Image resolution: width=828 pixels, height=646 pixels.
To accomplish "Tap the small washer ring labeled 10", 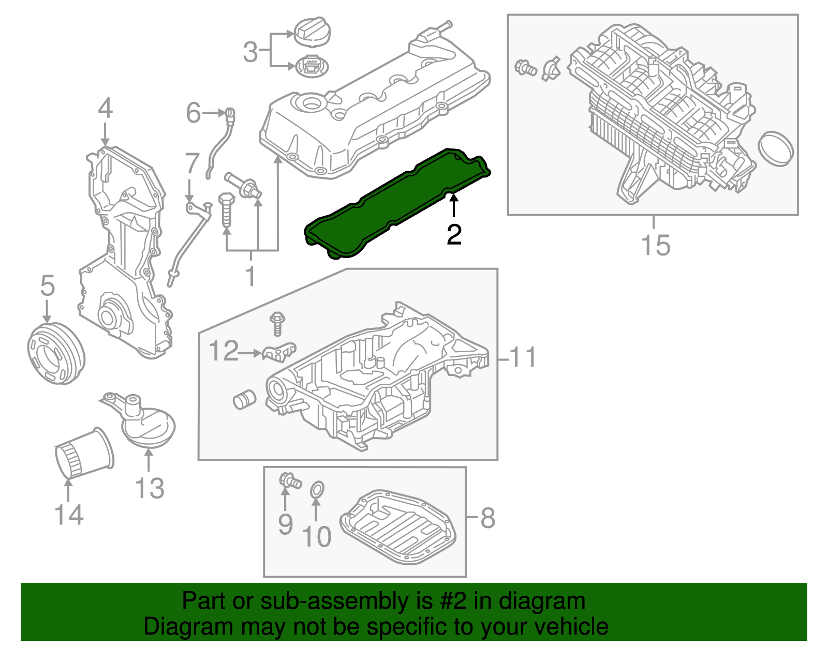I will tap(317, 489).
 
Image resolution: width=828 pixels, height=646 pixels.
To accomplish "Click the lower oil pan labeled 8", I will tap(398, 528).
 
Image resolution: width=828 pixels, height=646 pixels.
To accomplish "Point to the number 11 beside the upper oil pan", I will tap(523, 357).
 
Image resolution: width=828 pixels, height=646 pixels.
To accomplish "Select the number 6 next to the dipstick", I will tap(193, 112).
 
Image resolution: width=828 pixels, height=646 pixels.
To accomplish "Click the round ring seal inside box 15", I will tap(775, 149).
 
